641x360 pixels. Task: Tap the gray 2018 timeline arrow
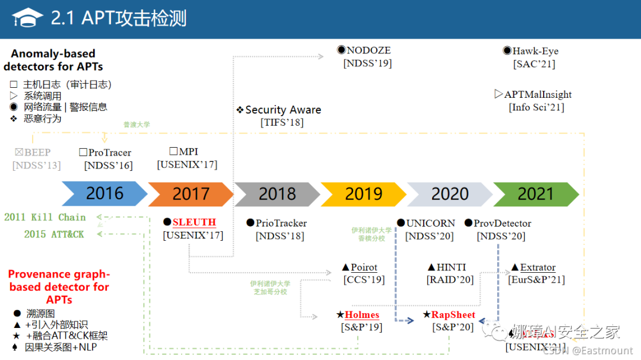[x=277, y=194]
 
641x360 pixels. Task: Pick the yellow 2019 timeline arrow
[x=363, y=194]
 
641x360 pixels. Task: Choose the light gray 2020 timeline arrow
[x=450, y=194]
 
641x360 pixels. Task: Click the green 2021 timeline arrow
[x=536, y=194]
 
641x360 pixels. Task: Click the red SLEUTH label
[x=194, y=222]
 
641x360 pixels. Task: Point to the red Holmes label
[x=361, y=315]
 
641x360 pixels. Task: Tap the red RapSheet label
[x=453, y=315]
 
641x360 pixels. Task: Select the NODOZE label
[x=368, y=50]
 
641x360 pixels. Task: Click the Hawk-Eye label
[x=535, y=51]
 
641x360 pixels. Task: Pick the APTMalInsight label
[x=538, y=94]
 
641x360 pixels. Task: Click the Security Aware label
[x=283, y=110]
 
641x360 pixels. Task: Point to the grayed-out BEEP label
[x=37, y=152]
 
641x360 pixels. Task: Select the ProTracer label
[x=110, y=152]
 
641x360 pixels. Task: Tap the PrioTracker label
[x=281, y=223]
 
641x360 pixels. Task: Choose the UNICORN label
[x=430, y=223]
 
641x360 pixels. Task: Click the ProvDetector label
[x=502, y=223]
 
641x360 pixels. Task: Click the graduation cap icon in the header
[x=27, y=18]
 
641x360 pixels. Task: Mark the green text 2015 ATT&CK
[x=54, y=234]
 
